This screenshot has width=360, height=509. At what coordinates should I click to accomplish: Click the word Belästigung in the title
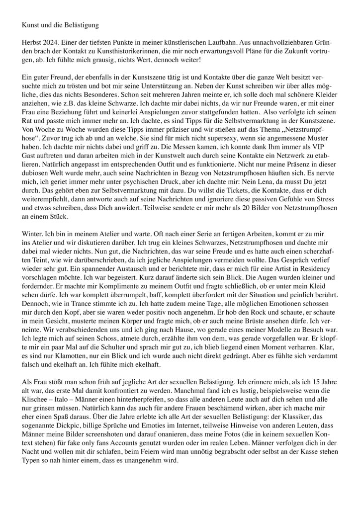click(x=80, y=24)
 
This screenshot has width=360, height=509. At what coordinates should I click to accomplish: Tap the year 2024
click(x=56, y=45)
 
